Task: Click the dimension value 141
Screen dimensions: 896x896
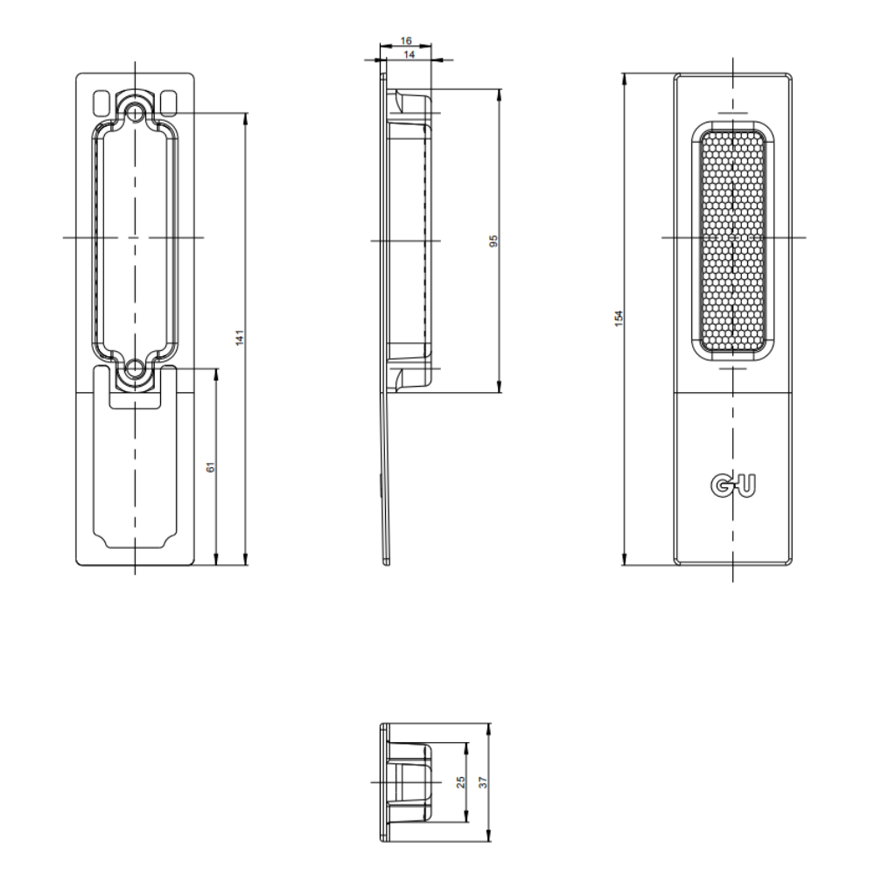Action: pyautogui.click(x=240, y=337)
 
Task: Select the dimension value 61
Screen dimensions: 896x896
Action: pyautogui.click(x=211, y=467)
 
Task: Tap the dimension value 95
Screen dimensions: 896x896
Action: pyautogui.click(x=494, y=241)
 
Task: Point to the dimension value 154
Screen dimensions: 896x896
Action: pyautogui.click(x=619, y=318)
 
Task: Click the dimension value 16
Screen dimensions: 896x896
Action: pyautogui.click(x=406, y=40)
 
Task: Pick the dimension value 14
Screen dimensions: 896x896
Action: pyautogui.click(x=409, y=55)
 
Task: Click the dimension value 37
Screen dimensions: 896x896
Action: pyautogui.click(x=484, y=781)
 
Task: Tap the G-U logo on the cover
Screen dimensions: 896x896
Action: pyautogui.click(x=733, y=485)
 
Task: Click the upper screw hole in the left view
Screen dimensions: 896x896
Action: pyautogui.click(x=135, y=112)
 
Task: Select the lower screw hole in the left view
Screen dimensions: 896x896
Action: pyautogui.click(x=135, y=369)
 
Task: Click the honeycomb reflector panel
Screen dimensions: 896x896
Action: pyautogui.click(x=732, y=241)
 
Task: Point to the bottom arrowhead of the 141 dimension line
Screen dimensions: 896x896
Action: pyautogui.click(x=246, y=559)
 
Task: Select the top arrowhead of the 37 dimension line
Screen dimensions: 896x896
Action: pyautogui.click(x=488, y=729)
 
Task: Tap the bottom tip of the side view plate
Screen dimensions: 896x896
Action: pyautogui.click(x=387, y=565)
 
